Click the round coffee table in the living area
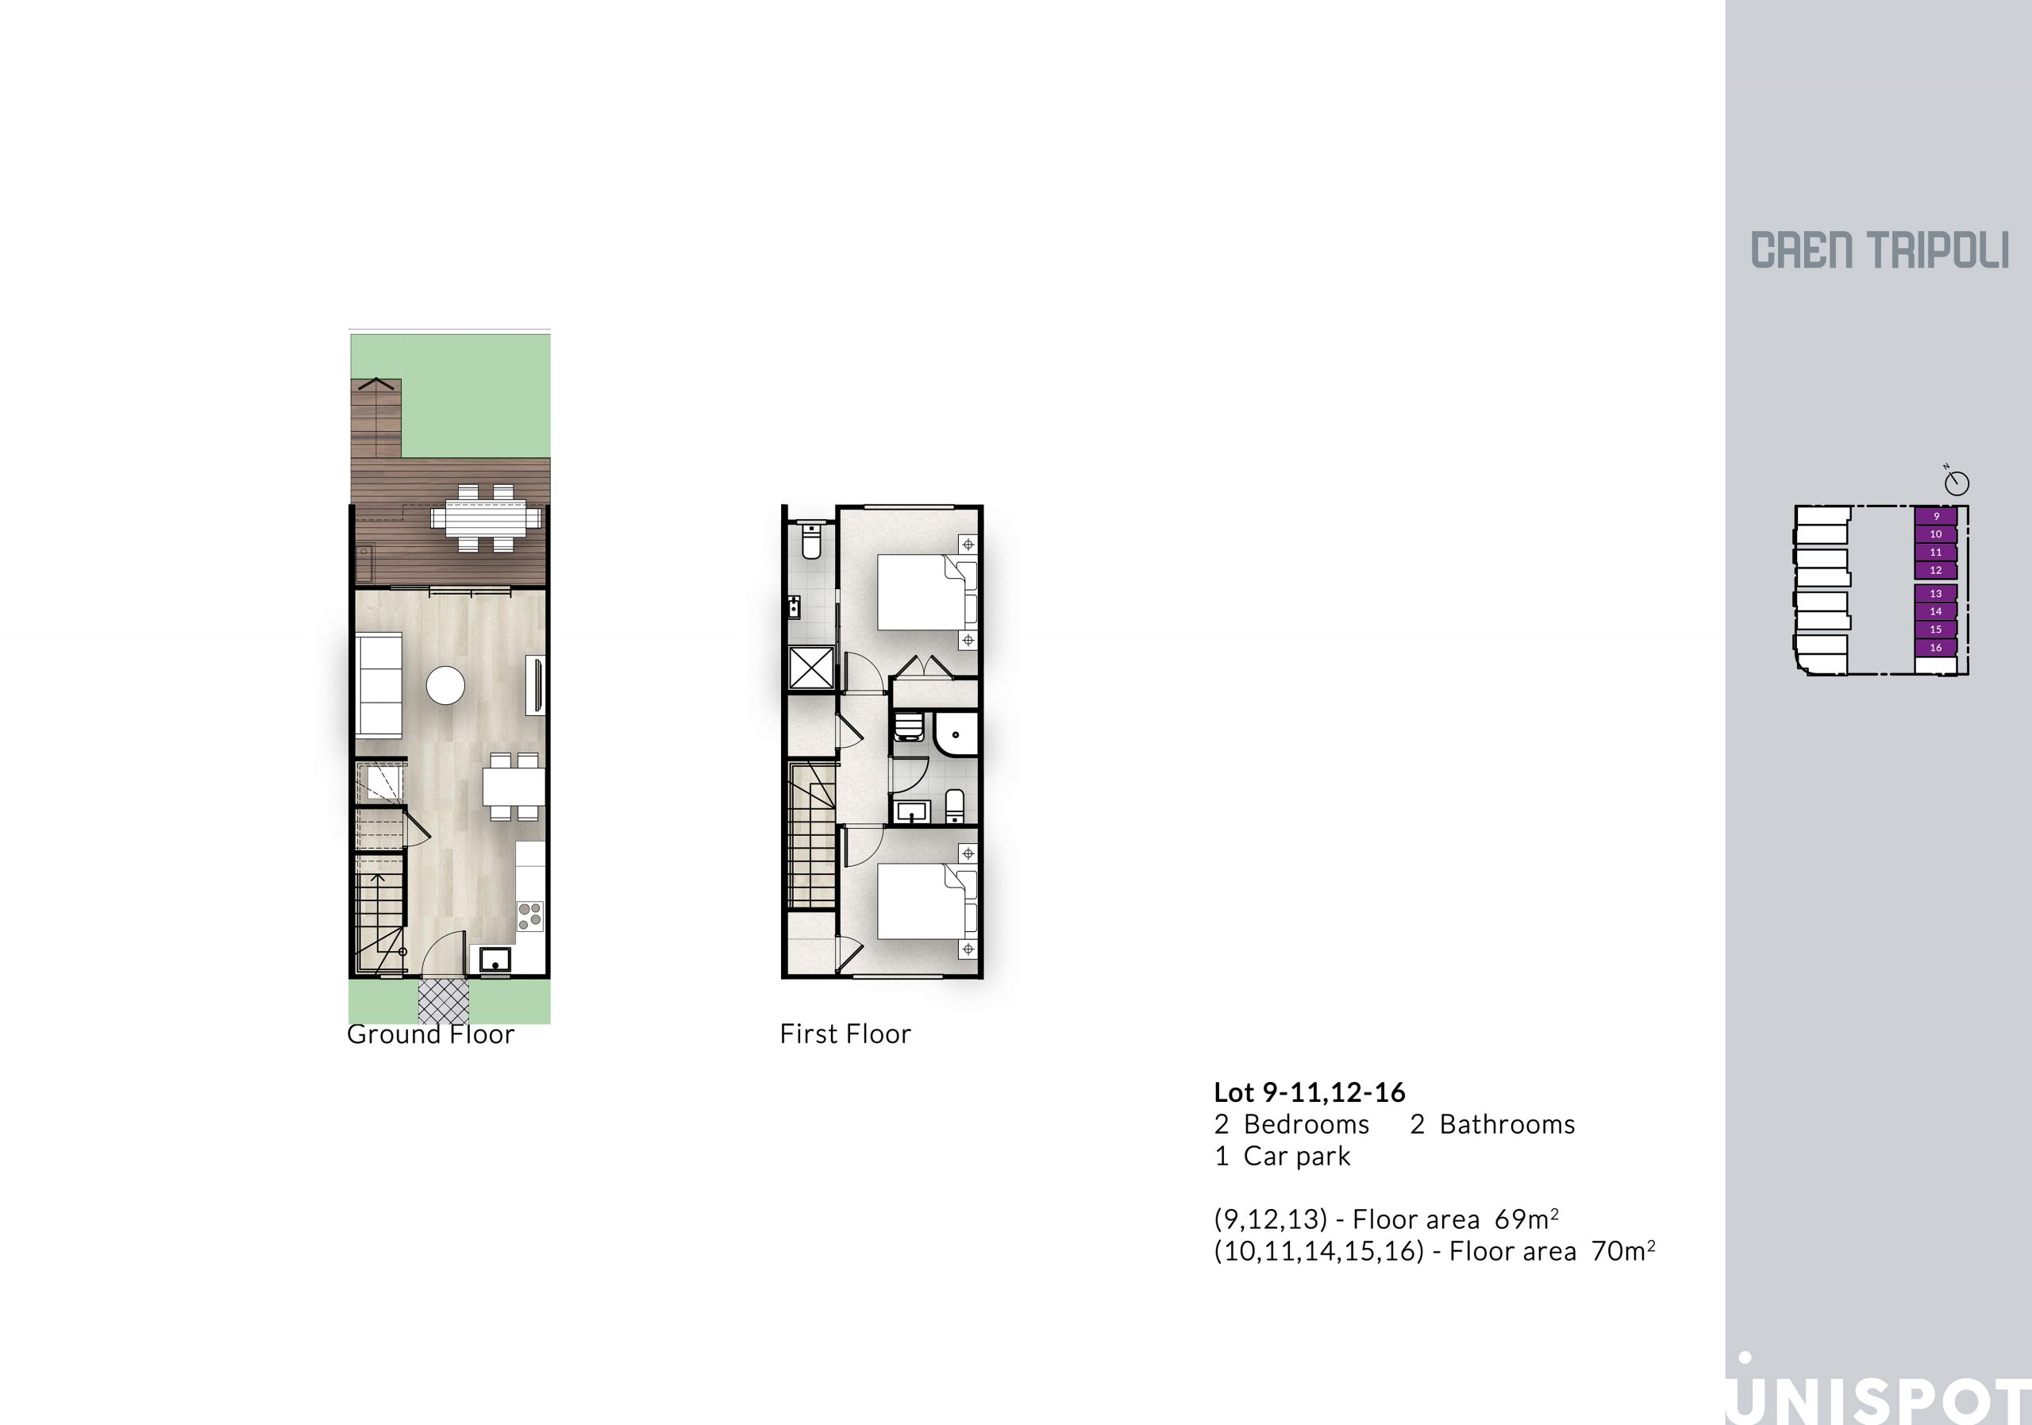point(445,685)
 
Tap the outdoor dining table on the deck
point(486,517)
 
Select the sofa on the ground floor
point(379,685)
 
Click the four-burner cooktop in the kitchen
point(530,916)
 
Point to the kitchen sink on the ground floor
point(495,958)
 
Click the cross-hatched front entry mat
point(444,1001)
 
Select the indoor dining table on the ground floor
point(514,786)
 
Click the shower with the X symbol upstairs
point(811,668)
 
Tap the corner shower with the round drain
point(956,734)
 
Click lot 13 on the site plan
point(1935,594)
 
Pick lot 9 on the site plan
point(1935,516)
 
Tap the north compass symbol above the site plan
point(1957,480)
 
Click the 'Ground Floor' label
point(431,1034)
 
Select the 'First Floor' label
point(845,1034)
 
